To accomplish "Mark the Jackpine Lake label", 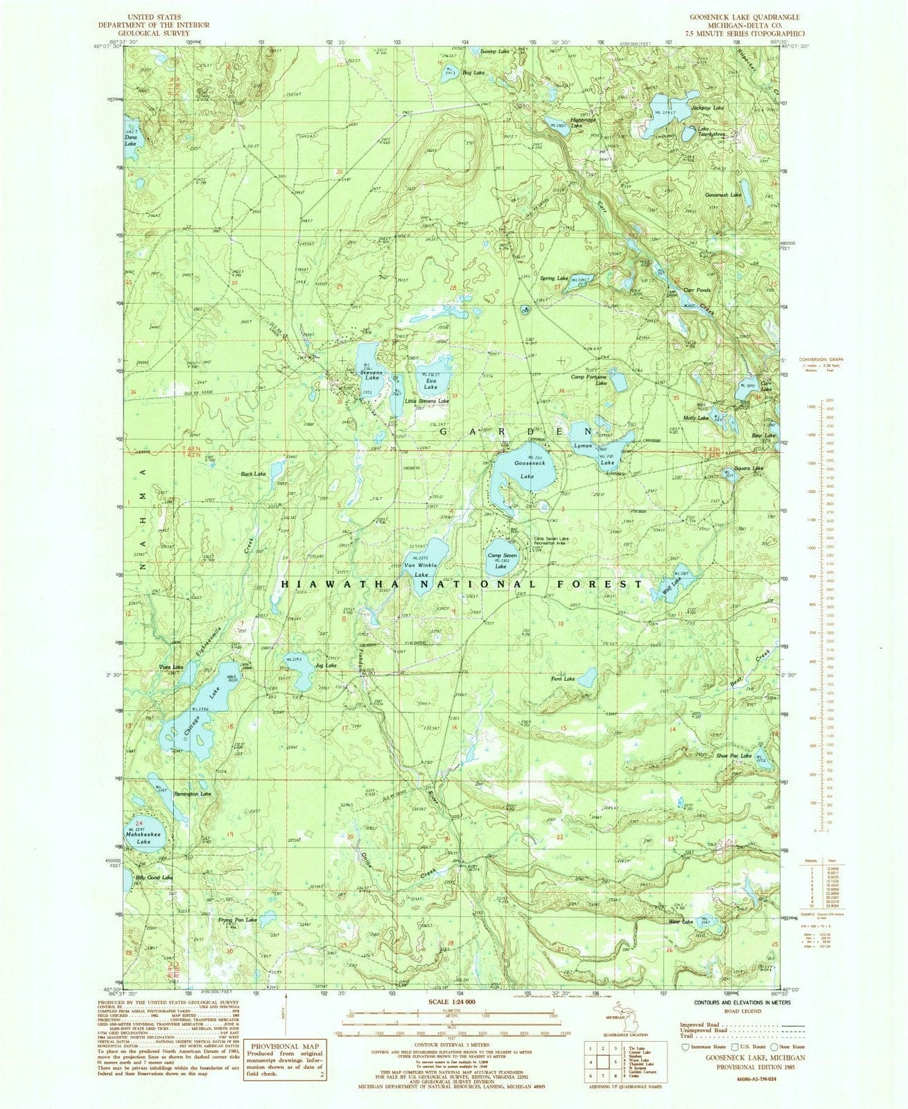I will pos(707,108).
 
